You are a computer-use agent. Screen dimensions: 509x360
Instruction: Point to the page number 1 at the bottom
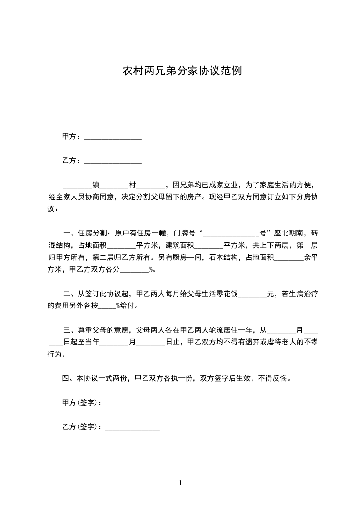(180, 483)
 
